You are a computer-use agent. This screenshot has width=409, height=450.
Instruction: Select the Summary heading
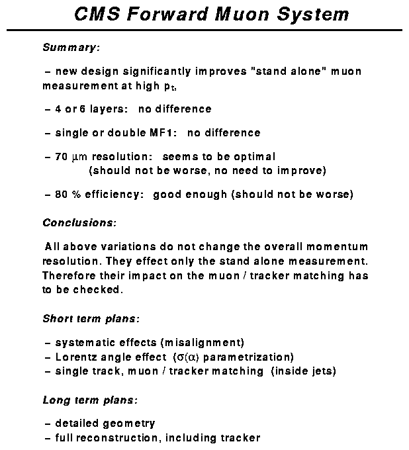[71, 48]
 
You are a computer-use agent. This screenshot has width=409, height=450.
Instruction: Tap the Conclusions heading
[79, 222]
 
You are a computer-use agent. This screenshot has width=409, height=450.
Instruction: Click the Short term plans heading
[91, 318]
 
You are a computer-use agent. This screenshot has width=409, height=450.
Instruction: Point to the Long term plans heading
[90, 400]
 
